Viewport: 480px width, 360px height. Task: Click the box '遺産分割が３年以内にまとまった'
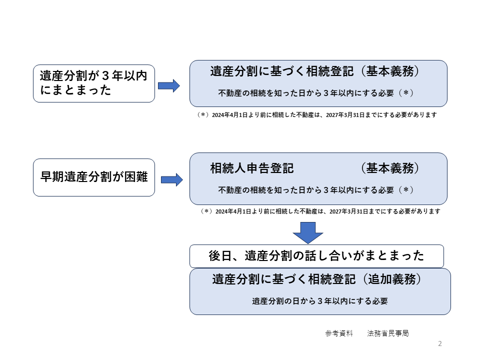(x=94, y=83)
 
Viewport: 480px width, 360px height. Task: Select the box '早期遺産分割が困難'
(x=94, y=177)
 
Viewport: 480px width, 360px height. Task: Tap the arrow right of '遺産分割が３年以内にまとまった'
(x=169, y=85)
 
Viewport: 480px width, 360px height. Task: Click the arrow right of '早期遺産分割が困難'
(x=172, y=179)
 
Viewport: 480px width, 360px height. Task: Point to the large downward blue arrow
(x=308, y=232)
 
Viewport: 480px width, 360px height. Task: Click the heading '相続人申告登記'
(x=252, y=168)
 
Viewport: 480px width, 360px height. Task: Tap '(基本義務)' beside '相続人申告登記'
(x=389, y=168)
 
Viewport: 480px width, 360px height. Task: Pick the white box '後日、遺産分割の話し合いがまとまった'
(x=316, y=256)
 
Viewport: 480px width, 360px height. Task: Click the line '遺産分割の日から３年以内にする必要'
(x=320, y=301)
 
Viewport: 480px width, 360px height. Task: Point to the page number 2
(x=440, y=343)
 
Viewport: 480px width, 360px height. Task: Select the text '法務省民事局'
(x=388, y=333)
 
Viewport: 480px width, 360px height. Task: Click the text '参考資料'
(x=339, y=333)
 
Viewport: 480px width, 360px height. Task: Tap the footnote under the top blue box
(x=317, y=115)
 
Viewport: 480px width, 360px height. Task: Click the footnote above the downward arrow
(x=320, y=211)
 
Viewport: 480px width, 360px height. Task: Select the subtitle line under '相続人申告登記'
(x=315, y=190)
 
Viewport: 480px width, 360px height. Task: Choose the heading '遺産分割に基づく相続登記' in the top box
(x=282, y=71)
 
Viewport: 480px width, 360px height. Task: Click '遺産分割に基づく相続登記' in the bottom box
(x=284, y=279)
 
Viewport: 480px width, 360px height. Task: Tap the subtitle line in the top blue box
(x=315, y=93)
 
